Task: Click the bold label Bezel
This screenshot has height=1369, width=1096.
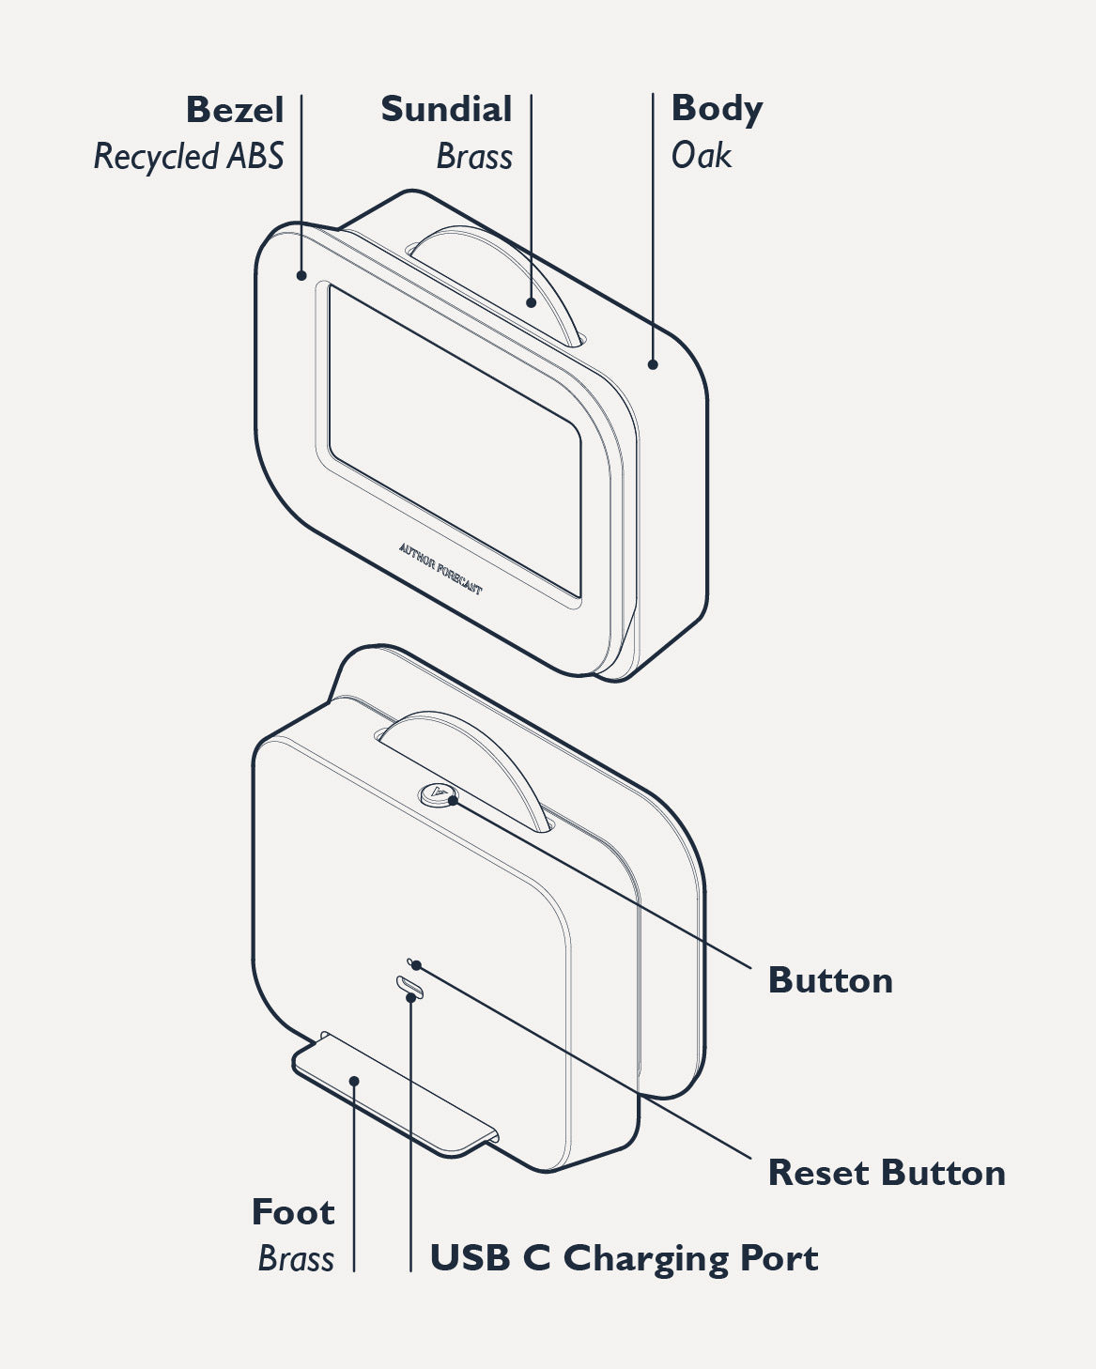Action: coord(235,110)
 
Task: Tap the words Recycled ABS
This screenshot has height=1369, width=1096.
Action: coord(189,157)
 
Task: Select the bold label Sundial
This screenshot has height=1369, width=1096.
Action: coord(446,109)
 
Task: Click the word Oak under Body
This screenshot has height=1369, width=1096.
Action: coord(701,156)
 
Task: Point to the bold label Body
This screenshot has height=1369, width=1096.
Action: coord(717,109)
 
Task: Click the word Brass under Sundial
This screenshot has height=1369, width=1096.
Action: coord(474,157)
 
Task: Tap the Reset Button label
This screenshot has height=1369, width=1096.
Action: coord(887,1173)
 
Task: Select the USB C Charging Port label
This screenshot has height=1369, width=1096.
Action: coord(624,1258)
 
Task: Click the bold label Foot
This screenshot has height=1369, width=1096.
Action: coord(293,1212)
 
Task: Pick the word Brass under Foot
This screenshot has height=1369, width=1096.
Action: coord(296,1258)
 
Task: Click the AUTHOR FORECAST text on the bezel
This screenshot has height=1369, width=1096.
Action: coord(440,568)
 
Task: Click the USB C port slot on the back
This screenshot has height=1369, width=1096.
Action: coord(410,986)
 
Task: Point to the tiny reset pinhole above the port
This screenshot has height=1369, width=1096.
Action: coord(410,963)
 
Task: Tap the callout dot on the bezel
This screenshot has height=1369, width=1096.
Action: coord(301,275)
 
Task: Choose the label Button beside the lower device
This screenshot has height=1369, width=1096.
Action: coord(830,980)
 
